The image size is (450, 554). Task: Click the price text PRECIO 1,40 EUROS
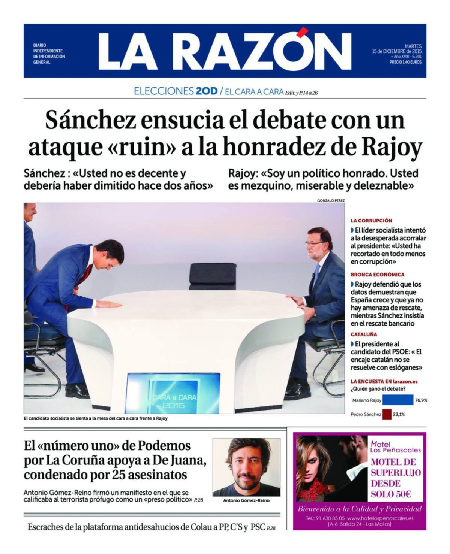[x=405, y=62]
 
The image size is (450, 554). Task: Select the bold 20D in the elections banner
[x=206, y=91]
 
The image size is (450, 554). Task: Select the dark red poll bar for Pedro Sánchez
[x=387, y=414]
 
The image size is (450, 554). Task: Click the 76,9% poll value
[x=421, y=400]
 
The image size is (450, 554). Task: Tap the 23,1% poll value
[x=399, y=415]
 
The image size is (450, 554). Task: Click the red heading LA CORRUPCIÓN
[x=371, y=221]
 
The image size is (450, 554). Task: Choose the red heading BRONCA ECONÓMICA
[x=378, y=275]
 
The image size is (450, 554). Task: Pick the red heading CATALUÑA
[x=364, y=334]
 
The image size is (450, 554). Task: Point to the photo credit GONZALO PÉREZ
[x=331, y=200]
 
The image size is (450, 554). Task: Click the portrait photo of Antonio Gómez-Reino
[x=246, y=467]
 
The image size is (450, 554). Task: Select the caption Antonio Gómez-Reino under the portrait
[x=246, y=500]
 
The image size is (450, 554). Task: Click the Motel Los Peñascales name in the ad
[x=395, y=447]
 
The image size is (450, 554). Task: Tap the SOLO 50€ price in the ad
[x=391, y=494]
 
